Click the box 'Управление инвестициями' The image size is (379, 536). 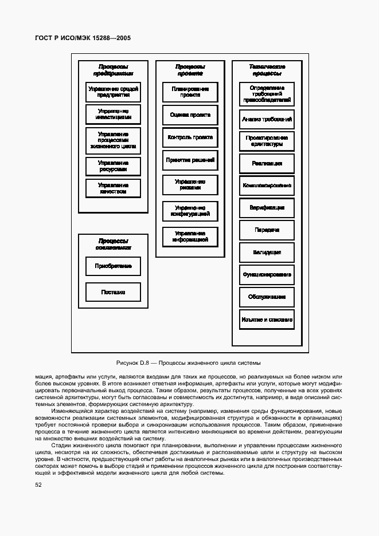pyautogui.click(x=113, y=113)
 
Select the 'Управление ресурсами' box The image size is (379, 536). pyautogui.click(x=113, y=166)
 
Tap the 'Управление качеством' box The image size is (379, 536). pyautogui.click(x=113, y=188)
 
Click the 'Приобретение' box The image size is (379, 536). pyautogui.click(x=113, y=266)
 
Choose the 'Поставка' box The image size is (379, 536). pyautogui.click(x=113, y=292)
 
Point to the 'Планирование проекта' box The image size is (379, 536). pyautogui.click(x=190, y=92)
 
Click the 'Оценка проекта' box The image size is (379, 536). pyautogui.click(x=190, y=115)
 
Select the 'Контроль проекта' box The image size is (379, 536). pyautogui.click(x=190, y=137)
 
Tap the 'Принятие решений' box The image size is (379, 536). pyautogui.click(x=190, y=160)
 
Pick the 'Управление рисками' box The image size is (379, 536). pyautogui.click(x=190, y=184)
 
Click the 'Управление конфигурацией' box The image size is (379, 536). pyautogui.click(x=190, y=211)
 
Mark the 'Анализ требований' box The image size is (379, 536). pyautogui.click(x=267, y=120)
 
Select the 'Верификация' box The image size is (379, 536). pyautogui.click(x=267, y=208)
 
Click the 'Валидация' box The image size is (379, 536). pyautogui.click(x=267, y=253)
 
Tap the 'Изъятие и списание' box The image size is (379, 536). pyautogui.click(x=267, y=320)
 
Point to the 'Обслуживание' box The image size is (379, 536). pyautogui.click(x=267, y=297)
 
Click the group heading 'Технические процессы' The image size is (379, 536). pyautogui.click(x=267, y=70)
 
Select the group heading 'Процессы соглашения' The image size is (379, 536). pyautogui.click(x=113, y=245)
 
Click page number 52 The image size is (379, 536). pyautogui.click(x=38, y=485)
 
